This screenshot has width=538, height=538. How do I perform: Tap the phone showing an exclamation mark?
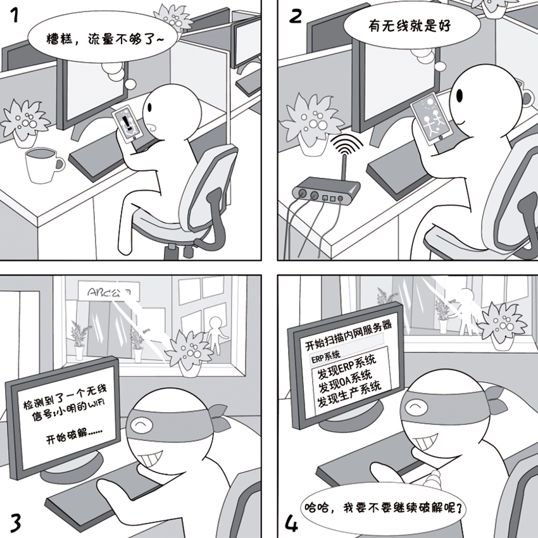[x=128, y=124]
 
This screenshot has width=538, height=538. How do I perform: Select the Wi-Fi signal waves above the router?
[x=342, y=145]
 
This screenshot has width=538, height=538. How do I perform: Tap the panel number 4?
[x=291, y=523]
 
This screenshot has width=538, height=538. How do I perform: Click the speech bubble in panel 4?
[x=387, y=508]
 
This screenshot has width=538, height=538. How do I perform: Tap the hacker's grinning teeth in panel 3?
[x=154, y=454]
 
